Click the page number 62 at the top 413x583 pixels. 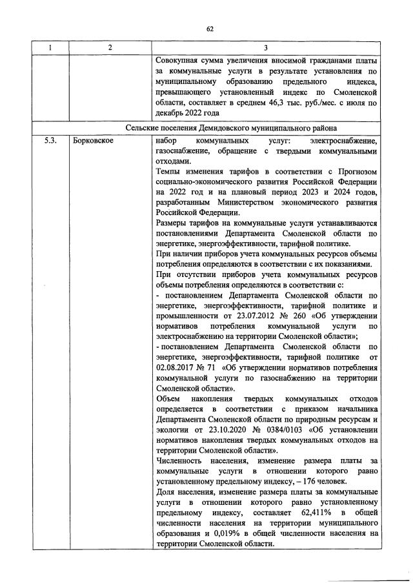tap(210, 28)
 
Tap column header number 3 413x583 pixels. tap(266, 47)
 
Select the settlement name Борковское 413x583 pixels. tap(93, 140)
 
